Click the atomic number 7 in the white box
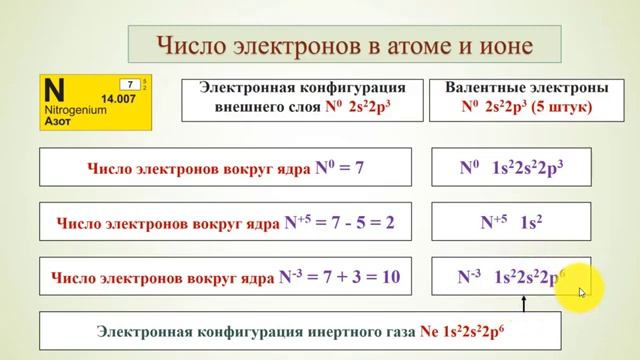click(x=129, y=84)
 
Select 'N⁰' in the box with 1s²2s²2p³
click(x=470, y=169)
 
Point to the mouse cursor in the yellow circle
click(x=582, y=293)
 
